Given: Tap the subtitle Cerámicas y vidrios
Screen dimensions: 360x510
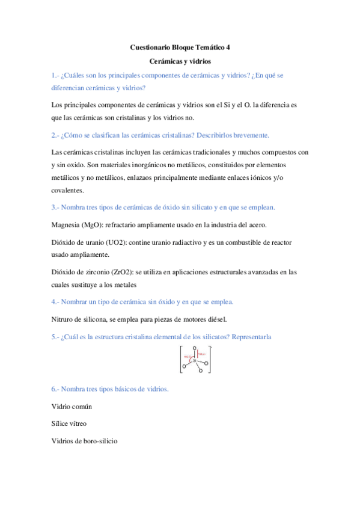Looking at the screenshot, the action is pos(180,61).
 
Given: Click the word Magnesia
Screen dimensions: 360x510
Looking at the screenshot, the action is pos(66,225).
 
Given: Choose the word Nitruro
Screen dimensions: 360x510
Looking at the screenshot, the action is pos(63,319).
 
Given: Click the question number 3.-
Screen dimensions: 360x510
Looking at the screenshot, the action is pos(56,207).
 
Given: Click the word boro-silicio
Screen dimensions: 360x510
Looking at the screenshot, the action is pos(97,441).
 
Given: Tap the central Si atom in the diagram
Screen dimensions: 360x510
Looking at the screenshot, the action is pos(194,360).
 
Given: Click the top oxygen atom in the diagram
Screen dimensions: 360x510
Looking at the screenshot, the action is pos(195,347).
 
